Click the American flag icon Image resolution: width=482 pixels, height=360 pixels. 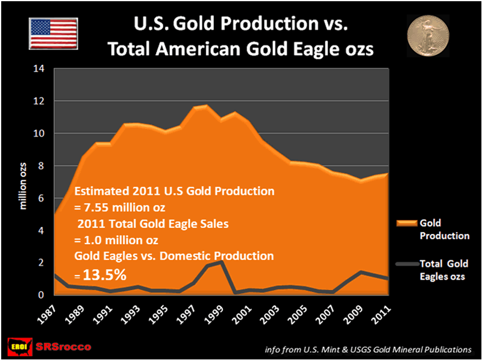[53, 33]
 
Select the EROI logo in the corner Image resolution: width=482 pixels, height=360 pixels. [20, 347]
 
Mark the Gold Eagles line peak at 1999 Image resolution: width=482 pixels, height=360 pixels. [222, 262]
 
